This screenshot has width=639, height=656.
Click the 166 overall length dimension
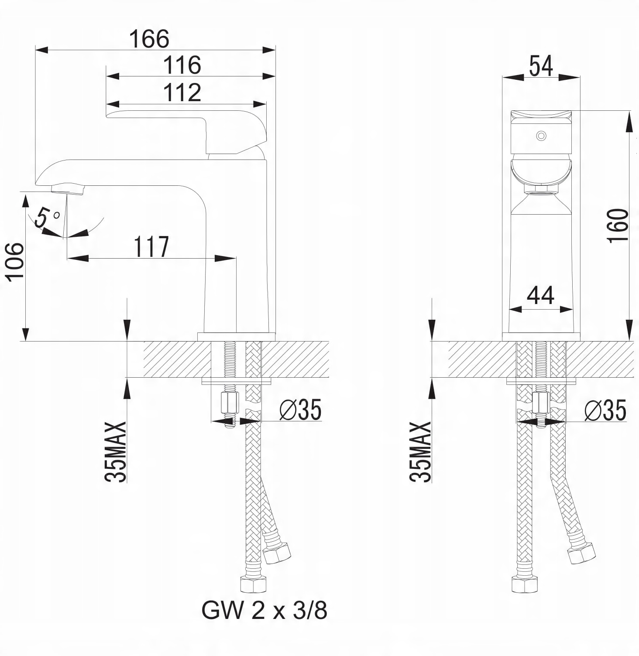pos(149,39)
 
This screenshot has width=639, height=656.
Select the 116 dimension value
pos(182,65)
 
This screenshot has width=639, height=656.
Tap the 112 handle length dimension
pos(182,92)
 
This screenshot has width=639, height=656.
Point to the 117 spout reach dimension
pos(151,247)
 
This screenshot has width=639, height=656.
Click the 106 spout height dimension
pos(14,262)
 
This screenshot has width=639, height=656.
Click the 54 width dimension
pos(541,66)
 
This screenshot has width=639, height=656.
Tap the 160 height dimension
pos(618,225)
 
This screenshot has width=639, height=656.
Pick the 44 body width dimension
pos(541,295)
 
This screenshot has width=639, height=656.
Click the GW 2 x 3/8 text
pos(265,610)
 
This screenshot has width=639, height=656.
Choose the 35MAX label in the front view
pos(421,451)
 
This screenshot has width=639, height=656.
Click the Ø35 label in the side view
pos(300,410)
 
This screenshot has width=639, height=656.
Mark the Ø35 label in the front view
pos(605,410)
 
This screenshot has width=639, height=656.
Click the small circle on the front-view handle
pos(541,136)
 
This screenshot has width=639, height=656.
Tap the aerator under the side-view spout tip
pos(68,189)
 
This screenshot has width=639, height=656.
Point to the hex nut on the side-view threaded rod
pos(230,403)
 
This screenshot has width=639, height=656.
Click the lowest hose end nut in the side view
pos(254,584)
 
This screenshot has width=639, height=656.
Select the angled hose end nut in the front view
pos(581,553)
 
